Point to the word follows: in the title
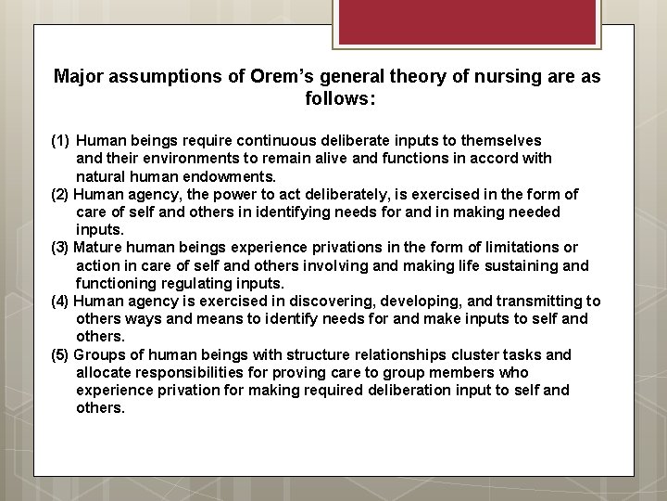coord(340,97)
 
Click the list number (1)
coord(60,141)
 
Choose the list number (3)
coord(60,248)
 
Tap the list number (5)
coord(60,355)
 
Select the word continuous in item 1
coord(277,141)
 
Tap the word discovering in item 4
coord(324,302)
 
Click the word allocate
coord(104,373)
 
